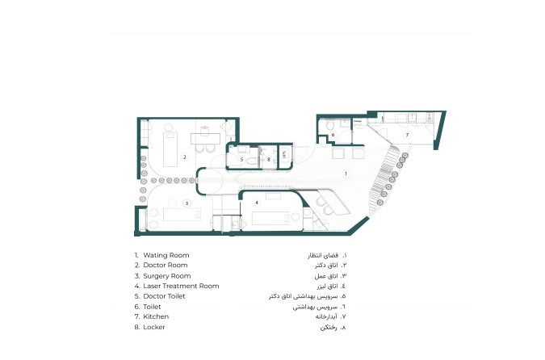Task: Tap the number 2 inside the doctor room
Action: tap(185, 157)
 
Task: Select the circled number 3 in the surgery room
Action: tap(187, 203)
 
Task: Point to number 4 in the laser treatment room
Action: tap(257, 202)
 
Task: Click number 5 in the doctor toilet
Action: tap(241, 160)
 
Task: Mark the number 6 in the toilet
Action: tap(333, 135)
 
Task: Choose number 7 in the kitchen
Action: tap(407, 134)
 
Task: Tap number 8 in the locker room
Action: tap(269, 160)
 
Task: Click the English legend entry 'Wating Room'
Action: tap(166, 255)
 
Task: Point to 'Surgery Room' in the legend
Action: tap(167, 276)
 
